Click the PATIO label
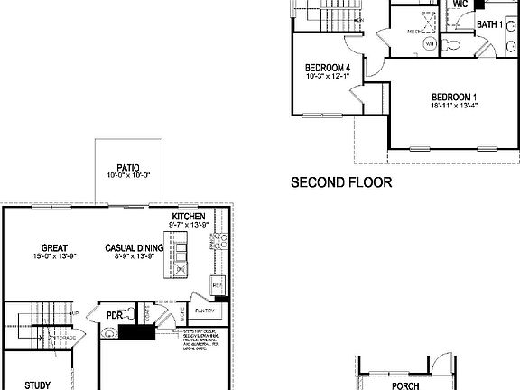coord(126,166)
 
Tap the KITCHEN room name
coord(190,217)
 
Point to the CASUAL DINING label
coord(133,247)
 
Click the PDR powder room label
coord(115,315)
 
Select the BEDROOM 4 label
coord(328,67)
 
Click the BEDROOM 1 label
coord(454,96)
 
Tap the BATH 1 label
coord(489,24)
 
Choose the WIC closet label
coord(460,5)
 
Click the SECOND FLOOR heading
coord(341,181)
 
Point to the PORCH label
coord(405,385)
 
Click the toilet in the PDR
coord(109,332)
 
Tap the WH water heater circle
coord(431,43)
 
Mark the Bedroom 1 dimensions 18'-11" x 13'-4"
coord(454,105)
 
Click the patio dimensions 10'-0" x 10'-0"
coord(126,175)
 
